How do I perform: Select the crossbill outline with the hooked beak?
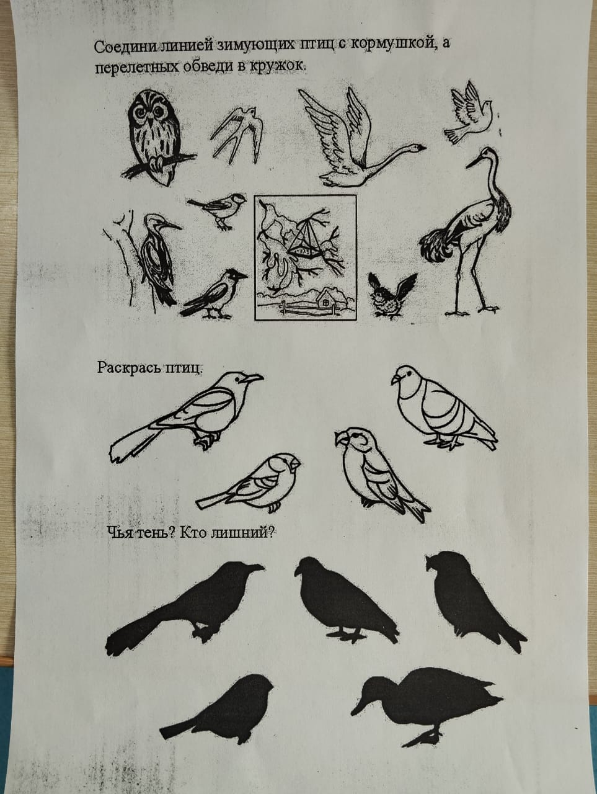pyautogui.click(x=379, y=472)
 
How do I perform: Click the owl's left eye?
pyautogui.click(x=140, y=114)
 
